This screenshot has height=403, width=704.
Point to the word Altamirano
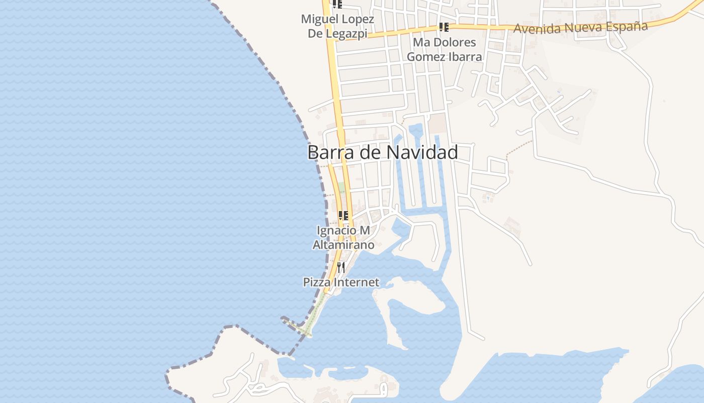[x=343, y=245]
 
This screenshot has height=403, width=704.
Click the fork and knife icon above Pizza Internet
[x=341, y=266]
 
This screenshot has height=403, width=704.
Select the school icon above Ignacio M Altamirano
[x=343, y=216]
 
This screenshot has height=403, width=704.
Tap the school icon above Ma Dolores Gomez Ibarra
[x=444, y=27]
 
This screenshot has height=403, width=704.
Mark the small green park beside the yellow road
[x=341, y=187]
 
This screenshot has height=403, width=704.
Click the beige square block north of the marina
[x=437, y=123]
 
